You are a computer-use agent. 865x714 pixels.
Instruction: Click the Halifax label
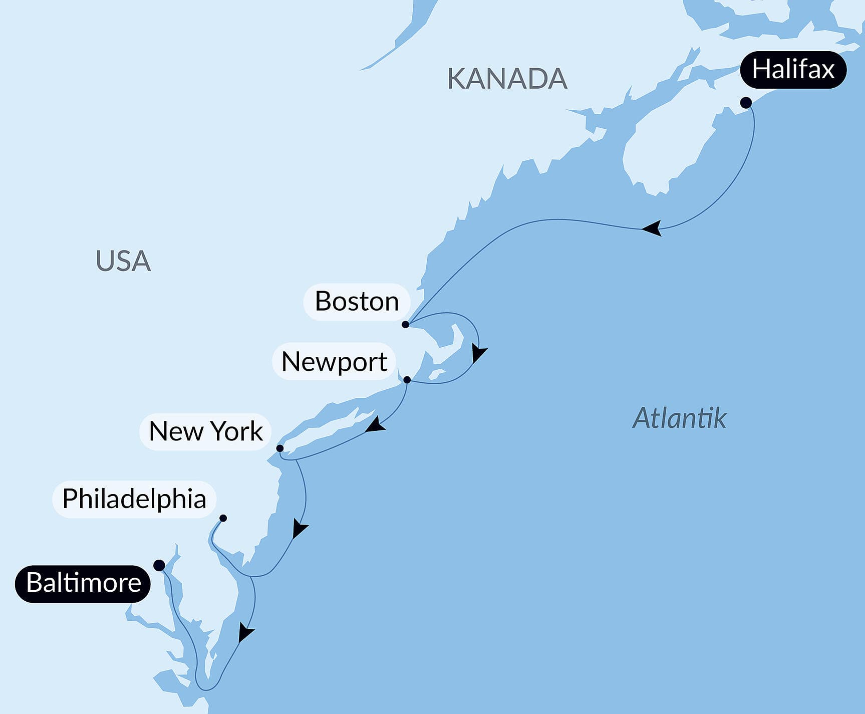[x=793, y=70]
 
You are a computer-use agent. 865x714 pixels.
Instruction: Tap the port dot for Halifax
[x=746, y=103]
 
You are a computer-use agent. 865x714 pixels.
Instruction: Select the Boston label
[x=357, y=302]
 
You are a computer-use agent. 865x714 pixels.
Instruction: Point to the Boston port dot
[x=405, y=325]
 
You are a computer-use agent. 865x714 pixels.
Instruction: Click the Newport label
[x=334, y=361]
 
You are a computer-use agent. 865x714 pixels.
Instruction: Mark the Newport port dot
[x=407, y=380]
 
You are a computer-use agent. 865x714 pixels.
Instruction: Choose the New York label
[x=205, y=431]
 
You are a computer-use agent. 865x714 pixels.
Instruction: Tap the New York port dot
[x=280, y=448]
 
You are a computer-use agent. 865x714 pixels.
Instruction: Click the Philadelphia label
[x=134, y=499]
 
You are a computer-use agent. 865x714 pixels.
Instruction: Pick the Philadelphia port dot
[x=223, y=518]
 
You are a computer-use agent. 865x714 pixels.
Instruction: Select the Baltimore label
[x=83, y=583]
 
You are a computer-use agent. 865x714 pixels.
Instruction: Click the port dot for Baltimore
[x=159, y=566]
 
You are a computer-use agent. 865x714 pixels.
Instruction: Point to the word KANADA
[x=507, y=79]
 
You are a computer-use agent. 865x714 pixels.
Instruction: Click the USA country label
[x=123, y=261]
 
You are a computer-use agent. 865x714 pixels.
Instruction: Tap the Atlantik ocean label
[x=679, y=418]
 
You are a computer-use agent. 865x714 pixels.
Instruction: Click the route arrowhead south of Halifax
[x=653, y=228]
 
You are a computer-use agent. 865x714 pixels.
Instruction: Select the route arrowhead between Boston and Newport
[x=478, y=353]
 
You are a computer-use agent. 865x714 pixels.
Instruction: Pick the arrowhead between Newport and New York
[x=375, y=426]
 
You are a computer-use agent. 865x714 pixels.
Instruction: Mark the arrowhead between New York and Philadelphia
[x=299, y=529]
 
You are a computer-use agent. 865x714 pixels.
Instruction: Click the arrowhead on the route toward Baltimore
[x=245, y=633]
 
